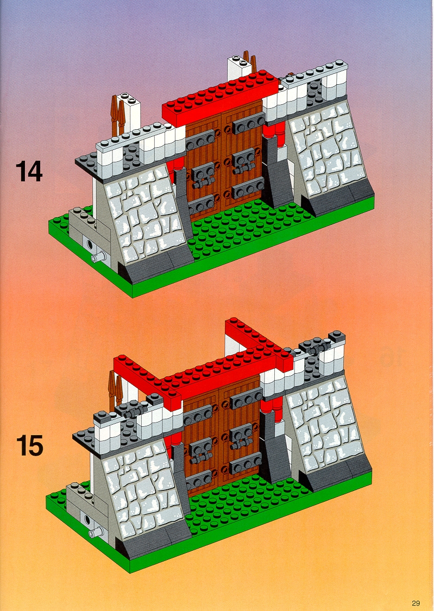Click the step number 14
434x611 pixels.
pyautogui.click(x=29, y=172)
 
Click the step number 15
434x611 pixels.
pyautogui.click(x=30, y=445)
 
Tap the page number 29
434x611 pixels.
pyautogui.click(x=416, y=603)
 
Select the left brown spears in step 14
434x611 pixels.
pyautogui.click(x=117, y=115)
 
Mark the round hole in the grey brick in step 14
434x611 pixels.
pyautogui.click(x=90, y=244)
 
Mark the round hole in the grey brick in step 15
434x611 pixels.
pyautogui.click(x=87, y=519)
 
